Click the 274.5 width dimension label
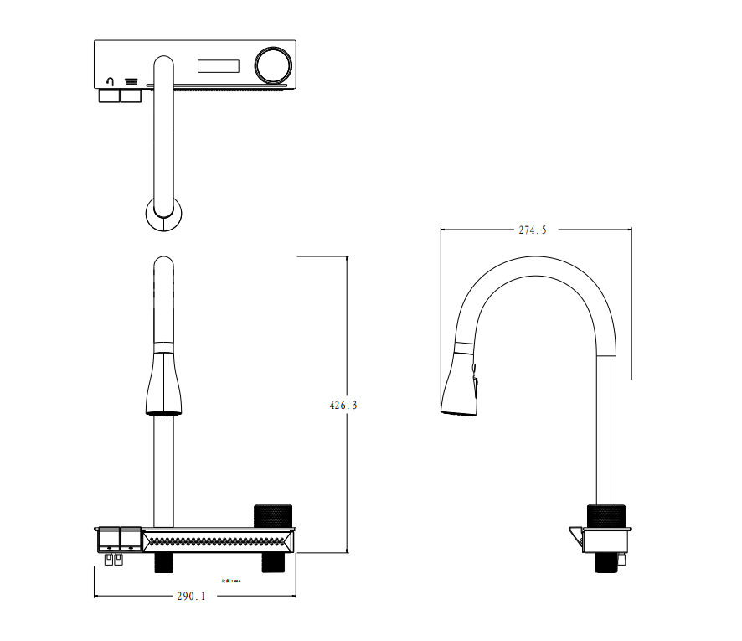[x=533, y=230]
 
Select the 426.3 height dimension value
[x=343, y=405]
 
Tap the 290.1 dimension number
[x=191, y=597]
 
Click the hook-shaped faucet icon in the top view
[x=110, y=82]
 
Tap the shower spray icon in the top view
[x=131, y=82]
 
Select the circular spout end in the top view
[x=163, y=213]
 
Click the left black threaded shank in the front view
[x=164, y=562]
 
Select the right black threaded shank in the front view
[x=272, y=562]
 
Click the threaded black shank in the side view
[x=607, y=562]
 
